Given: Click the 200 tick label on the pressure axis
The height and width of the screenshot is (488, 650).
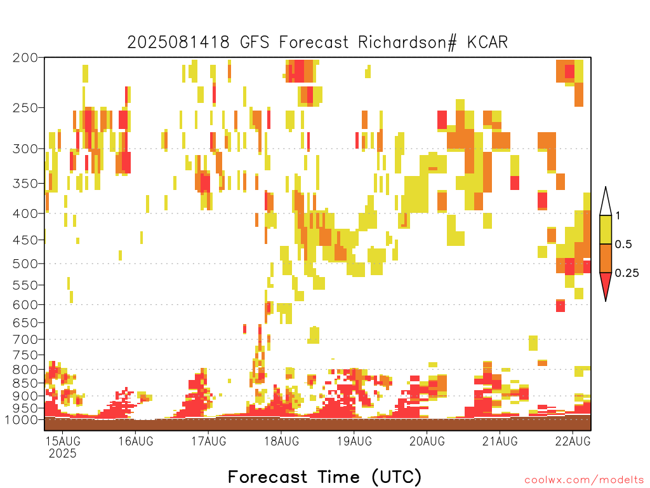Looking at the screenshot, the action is (x=25, y=58).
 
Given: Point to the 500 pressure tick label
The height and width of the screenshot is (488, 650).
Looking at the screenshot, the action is (x=25, y=264).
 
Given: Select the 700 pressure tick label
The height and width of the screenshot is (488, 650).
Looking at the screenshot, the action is (x=25, y=340).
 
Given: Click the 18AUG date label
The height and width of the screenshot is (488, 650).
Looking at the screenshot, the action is (x=282, y=441).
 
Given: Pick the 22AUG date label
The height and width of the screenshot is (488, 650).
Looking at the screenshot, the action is (x=573, y=441).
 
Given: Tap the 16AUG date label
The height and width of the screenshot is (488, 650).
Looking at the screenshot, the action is (x=136, y=441).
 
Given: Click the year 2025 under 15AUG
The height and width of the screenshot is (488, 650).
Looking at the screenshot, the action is (x=63, y=454).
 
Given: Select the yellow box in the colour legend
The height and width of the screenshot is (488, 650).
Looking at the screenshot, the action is (x=606, y=229).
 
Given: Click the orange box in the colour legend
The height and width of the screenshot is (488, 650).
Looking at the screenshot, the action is (x=606, y=258).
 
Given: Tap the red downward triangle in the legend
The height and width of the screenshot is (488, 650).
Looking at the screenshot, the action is (x=606, y=285).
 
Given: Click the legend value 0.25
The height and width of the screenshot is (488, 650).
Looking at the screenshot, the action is (x=627, y=273).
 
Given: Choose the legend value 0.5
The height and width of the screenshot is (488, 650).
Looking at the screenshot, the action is (x=623, y=245).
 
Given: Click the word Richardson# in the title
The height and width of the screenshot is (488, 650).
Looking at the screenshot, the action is (x=408, y=43).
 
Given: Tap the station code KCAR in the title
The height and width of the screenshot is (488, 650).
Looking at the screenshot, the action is (x=487, y=43).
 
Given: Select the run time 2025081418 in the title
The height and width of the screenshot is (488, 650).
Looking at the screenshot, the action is (x=178, y=43).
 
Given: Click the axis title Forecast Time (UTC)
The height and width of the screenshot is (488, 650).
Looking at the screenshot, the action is (x=324, y=477).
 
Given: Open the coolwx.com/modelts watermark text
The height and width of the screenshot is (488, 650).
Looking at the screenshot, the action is (x=584, y=480).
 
